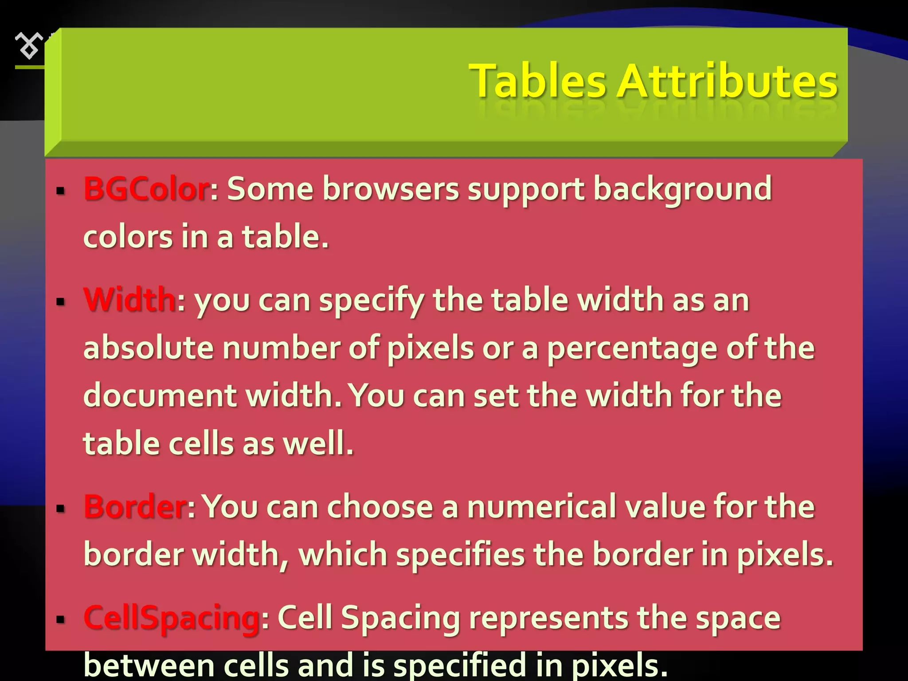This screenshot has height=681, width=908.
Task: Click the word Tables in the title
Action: [x=537, y=82]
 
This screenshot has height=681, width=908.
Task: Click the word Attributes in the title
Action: [x=727, y=82]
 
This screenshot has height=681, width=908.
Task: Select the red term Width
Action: [x=129, y=300]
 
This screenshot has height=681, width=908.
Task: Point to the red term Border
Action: [x=135, y=507]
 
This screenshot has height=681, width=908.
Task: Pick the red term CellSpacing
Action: [x=172, y=618]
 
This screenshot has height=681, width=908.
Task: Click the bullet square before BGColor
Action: [x=61, y=192]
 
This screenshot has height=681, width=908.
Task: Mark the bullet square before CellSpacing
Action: [x=61, y=619]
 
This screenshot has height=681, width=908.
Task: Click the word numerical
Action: [x=541, y=507]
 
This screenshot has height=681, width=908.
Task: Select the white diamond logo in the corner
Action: [x=29, y=45]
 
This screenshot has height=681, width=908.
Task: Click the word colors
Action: [x=128, y=237]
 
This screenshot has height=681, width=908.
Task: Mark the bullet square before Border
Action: [x=61, y=509]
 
